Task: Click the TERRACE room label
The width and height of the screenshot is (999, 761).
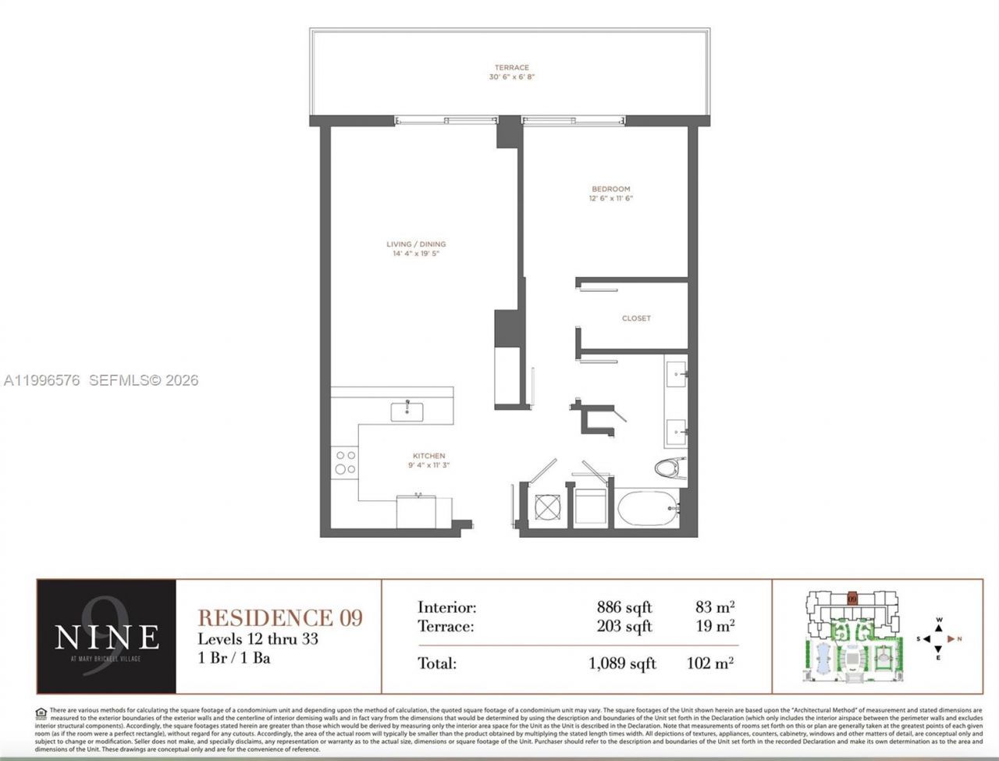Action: pyautogui.click(x=511, y=68)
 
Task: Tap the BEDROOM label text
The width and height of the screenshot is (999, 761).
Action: pyautogui.click(x=610, y=189)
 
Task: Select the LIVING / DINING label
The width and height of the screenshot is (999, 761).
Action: pyautogui.click(x=416, y=244)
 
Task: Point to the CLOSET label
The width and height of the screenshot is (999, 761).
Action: pyautogui.click(x=636, y=318)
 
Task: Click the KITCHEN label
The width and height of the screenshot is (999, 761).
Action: pyautogui.click(x=428, y=456)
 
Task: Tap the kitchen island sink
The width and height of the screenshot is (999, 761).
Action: pyautogui.click(x=407, y=411)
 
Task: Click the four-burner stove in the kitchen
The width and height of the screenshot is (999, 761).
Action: pyautogui.click(x=345, y=462)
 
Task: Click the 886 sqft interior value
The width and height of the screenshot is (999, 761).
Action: pyautogui.click(x=624, y=607)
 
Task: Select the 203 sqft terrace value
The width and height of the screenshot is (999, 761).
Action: pyautogui.click(x=624, y=626)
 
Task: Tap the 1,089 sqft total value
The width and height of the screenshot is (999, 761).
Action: pyautogui.click(x=622, y=663)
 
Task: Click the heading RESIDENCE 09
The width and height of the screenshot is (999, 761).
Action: pyautogui.click(x=280, y=617)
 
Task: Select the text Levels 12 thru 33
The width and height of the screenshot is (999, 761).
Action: pyautogui.click(x=258, y=638)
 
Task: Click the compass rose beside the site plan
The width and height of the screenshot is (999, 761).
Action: pyautogui.click(x=940, y=638)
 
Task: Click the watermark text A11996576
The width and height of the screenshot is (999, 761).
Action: pyautogui.click(x=42, y=381)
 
